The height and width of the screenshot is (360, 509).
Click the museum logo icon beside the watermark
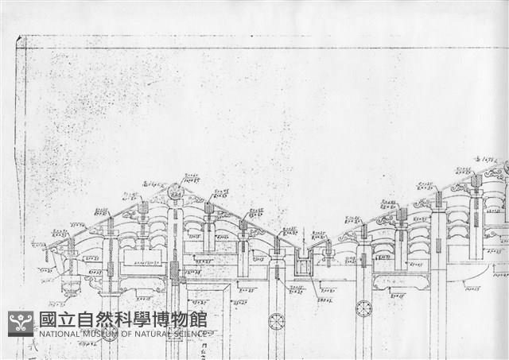coord(21,323)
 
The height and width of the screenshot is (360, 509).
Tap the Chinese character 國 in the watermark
coord(48,320)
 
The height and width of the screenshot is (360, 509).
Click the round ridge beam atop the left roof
coord(175,190)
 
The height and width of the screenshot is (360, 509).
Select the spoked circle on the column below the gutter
coord(276,321)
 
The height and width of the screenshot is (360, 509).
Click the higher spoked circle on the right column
coord(363,308)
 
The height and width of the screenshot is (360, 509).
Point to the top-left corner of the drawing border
coord(17,37)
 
